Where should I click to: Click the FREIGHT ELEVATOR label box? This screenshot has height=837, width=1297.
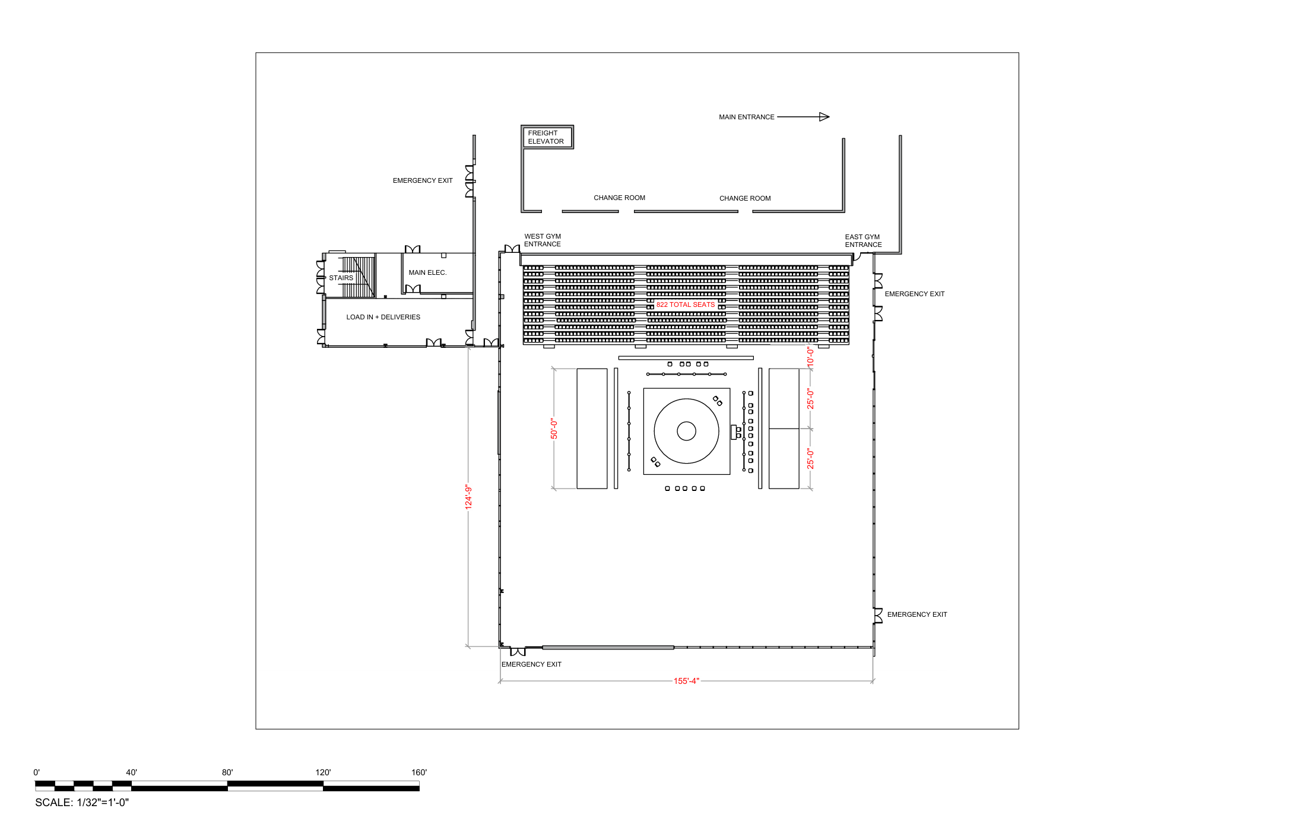pos(546,137)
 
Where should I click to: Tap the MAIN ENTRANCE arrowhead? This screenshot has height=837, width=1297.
pos(824,117)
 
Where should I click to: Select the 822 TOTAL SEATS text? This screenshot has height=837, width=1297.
pos(685,305)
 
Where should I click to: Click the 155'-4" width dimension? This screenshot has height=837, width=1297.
pos(686,681)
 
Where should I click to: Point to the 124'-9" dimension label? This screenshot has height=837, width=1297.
pos(468,497)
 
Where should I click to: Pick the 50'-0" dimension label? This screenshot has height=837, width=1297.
pos(554,429)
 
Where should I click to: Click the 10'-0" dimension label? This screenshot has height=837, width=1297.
pos(810,356)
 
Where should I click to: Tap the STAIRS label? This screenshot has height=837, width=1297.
pos(341,278)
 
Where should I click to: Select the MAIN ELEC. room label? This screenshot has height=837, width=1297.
pos(427,272)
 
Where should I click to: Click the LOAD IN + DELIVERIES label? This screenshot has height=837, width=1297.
pos(383,317)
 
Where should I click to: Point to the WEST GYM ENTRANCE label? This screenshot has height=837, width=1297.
pos(543,240)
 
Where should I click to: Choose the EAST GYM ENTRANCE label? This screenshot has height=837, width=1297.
pos(863,241)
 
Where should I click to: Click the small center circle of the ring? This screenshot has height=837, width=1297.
pos(686,431)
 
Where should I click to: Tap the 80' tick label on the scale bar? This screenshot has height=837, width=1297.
pos(227,772)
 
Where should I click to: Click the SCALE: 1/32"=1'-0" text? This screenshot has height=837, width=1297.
pos(82,803)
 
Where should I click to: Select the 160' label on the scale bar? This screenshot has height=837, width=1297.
pos(419,772)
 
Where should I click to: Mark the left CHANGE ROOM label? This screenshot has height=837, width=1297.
pos(619,198)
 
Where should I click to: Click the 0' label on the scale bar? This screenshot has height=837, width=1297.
pos(37,772)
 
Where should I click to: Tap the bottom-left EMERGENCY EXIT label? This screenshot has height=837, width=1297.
pos(531,664)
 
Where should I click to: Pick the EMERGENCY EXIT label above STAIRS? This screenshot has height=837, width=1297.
pos(423,180)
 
